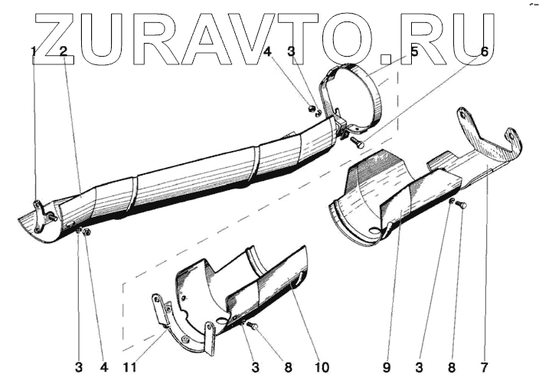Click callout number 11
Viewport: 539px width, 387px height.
131,367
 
